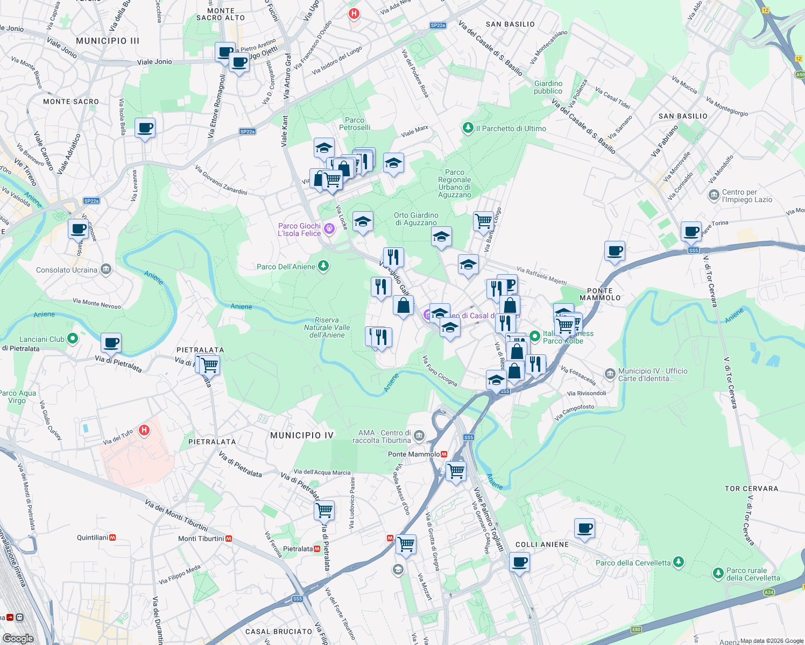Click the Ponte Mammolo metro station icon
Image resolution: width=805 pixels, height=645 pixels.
[444, 454]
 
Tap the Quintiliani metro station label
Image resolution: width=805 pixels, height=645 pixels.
[93, 537]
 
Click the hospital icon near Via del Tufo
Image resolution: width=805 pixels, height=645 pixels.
[144, 430]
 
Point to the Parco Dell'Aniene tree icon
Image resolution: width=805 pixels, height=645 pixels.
[323, 266]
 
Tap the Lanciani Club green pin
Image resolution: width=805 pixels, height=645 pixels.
[73, 339]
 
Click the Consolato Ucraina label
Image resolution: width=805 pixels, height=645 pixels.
[67, 270]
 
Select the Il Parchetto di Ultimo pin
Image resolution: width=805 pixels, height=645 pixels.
[468, 128]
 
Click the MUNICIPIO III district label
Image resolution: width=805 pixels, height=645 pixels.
[108, 41]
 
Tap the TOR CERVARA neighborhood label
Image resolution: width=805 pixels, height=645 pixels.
[751, 489]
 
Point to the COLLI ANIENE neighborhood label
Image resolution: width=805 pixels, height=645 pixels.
[542, 544]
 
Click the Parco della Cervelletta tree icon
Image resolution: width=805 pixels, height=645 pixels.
[679, 562]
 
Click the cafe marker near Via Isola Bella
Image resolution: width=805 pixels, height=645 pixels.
[145, 128]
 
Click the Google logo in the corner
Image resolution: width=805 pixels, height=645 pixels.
[18, 638]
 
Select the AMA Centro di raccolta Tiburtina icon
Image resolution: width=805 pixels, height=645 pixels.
[420, 435]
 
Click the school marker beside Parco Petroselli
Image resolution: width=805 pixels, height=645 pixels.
[324, 148]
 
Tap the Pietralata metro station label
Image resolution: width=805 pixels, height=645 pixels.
[298, 549]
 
